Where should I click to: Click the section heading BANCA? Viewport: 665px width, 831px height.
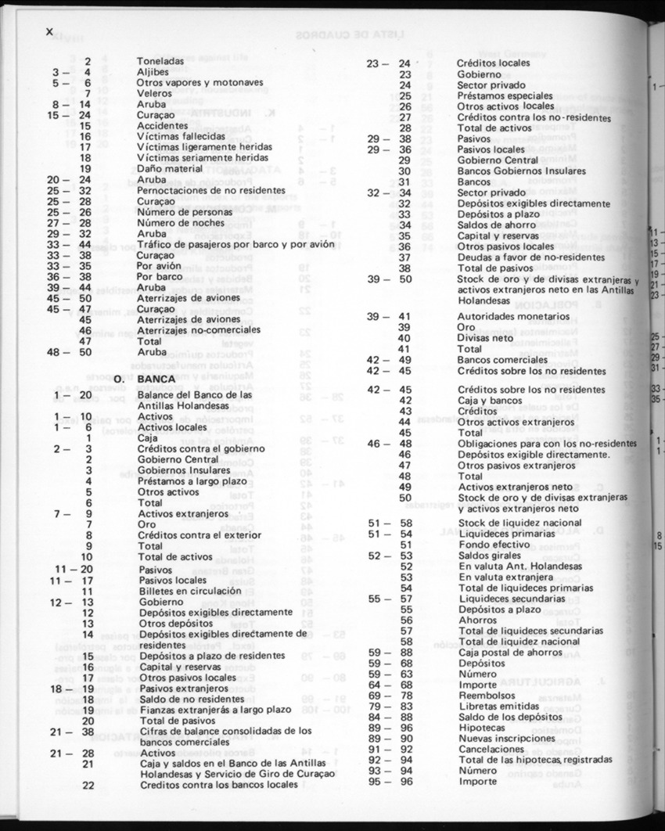coord(153,378)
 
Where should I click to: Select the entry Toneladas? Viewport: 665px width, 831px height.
coord(160,60)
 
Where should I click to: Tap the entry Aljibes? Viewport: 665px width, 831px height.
coord(153,71)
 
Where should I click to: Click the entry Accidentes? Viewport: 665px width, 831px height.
coord(161,125)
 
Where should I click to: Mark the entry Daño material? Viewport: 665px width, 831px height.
coord(170,168)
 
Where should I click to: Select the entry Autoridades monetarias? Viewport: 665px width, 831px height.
coord(514,316)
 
